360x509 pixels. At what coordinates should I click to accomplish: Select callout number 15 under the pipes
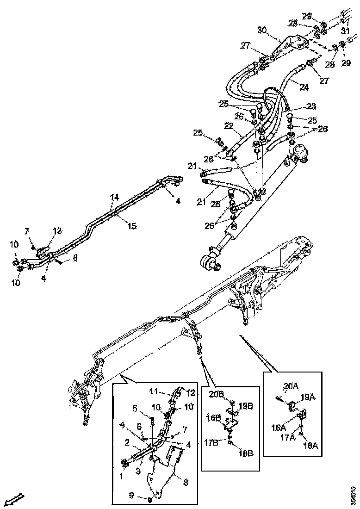132,226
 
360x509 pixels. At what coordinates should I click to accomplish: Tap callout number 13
57,230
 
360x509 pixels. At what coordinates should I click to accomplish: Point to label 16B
213,417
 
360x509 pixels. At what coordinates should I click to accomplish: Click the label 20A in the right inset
291,385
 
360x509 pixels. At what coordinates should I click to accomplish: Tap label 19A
309,397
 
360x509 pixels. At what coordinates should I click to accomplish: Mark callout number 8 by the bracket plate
186,482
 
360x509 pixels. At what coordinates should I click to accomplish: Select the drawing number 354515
353,495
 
